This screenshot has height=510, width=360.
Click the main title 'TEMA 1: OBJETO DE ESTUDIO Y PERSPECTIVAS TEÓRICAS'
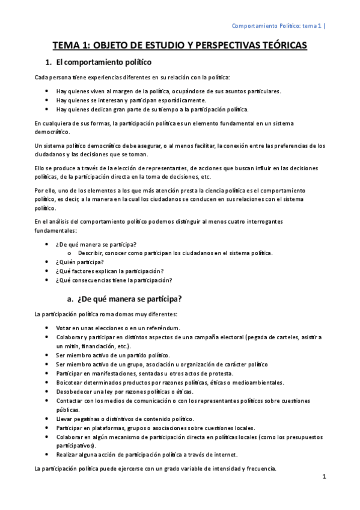(x=180, y=45)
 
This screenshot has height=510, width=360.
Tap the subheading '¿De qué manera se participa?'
(x=130, y=299)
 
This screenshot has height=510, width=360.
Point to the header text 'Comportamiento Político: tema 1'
(x=276, y=26)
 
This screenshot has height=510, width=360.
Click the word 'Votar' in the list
(x=64, y=328)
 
